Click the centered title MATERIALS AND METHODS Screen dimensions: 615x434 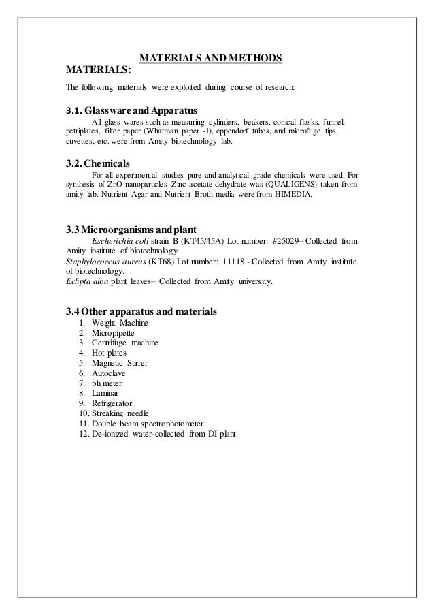tap(211, 58)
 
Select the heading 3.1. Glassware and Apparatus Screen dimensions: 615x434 tap(131, 110)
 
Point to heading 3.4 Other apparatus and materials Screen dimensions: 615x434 tap(141, 311)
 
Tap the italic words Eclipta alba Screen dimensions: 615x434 tap(81, 279)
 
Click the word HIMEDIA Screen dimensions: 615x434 tap(293, 193)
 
